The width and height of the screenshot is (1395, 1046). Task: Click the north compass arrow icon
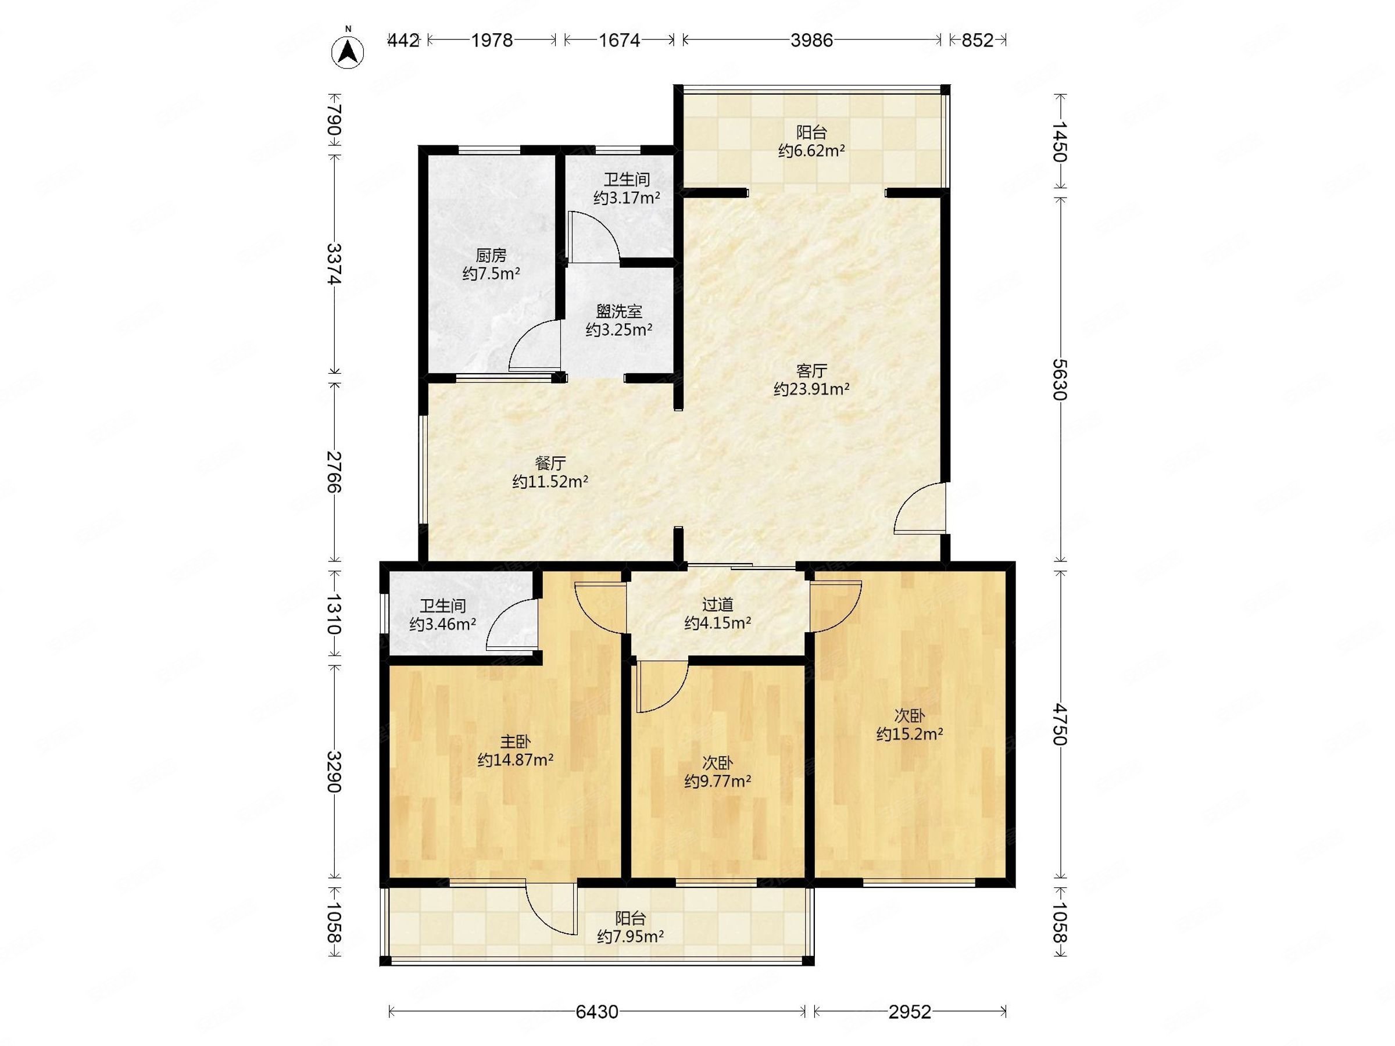pos(348,52)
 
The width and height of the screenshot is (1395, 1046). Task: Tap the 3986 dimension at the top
pos(811,40)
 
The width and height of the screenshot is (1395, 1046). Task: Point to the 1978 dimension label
pos(492,40)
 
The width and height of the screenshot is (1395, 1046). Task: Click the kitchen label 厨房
pos(491,255)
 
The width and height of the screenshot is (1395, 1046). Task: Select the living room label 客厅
pos(811,370)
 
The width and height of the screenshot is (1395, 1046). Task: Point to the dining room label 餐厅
pos(550,463)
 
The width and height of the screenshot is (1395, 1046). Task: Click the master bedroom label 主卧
pos(515,741)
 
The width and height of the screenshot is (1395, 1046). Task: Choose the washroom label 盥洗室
pos(618,311)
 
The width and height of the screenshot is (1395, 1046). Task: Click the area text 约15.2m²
pos(910,734)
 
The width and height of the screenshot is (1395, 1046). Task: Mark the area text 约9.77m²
pos(718,782)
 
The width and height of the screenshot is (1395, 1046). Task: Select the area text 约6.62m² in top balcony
pos(811,151)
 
